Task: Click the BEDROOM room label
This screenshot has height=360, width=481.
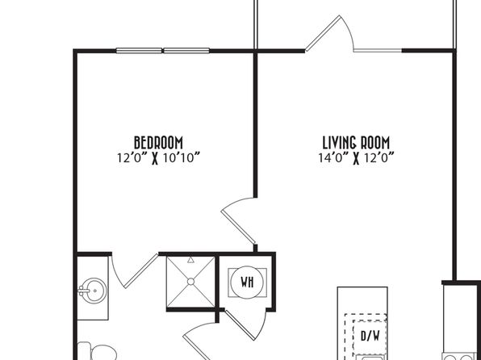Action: coord(158,143)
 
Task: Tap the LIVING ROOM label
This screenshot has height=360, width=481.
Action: coord(356,143)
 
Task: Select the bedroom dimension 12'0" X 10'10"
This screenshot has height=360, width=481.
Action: coord(158,158)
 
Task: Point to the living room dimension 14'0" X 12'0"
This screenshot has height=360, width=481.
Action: coord(356,158)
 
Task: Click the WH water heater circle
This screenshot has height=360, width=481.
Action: coord(247,282)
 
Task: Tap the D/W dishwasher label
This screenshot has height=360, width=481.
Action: coord(370,336)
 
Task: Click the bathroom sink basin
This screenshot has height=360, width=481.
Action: coord(93,291)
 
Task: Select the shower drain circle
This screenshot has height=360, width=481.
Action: coord(190,282)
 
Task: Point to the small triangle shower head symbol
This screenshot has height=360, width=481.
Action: coord(190,260)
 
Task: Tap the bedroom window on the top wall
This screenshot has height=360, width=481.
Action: coord(162,51)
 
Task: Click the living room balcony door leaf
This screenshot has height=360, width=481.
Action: coord(323,33)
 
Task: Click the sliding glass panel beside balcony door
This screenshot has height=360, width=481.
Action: coord(378,51)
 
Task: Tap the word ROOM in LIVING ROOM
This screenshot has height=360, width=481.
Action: coord(374,143)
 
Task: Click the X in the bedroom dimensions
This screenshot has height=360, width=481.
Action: coord(155,159)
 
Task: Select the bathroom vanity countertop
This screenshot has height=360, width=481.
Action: coord(92,288)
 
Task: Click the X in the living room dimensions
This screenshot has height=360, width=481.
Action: coord(356,159)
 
